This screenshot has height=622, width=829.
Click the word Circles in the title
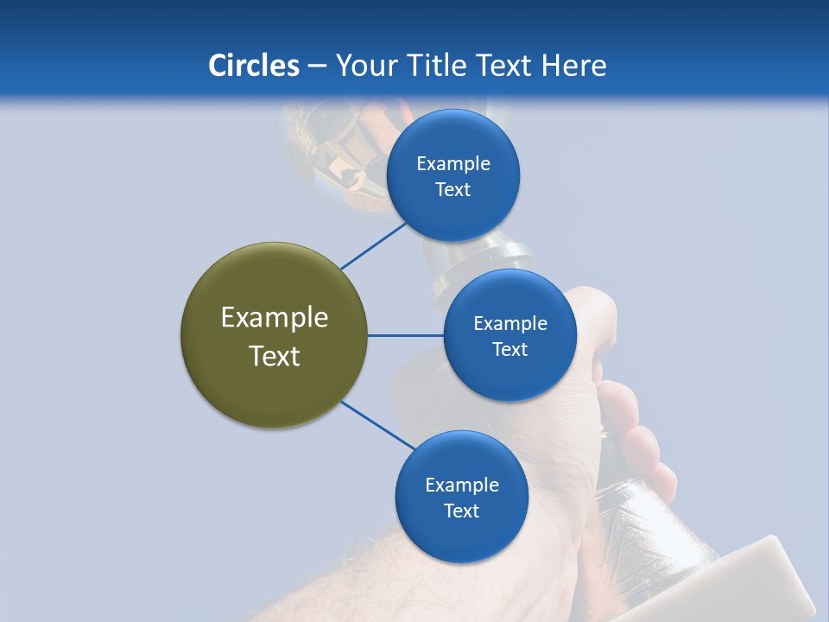253,66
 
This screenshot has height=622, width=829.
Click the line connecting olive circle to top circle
373,245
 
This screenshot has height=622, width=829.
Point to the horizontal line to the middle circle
405,335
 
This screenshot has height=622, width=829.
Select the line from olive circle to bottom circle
377,426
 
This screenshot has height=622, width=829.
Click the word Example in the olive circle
274,318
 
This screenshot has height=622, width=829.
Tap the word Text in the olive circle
274,356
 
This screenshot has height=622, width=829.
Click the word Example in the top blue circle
452,164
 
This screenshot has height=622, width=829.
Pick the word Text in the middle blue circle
509,349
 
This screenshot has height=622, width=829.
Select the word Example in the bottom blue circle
461,485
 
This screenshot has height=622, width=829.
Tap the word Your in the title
364,66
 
